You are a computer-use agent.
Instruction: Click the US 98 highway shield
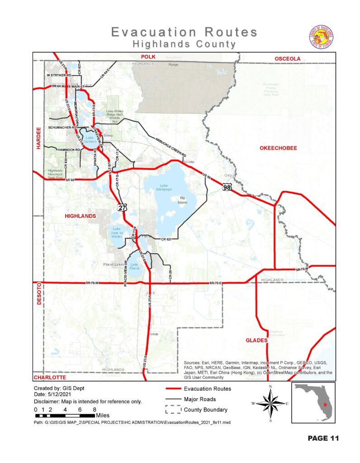pos(227,187)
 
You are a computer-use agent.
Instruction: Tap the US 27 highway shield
pos(123,208)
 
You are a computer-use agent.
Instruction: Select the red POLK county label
pos(147,57)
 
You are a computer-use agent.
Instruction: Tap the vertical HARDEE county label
pos(38,138)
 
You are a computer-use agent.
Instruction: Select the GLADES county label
pos(257,340)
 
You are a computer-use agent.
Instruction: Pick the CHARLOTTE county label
pos(50,377)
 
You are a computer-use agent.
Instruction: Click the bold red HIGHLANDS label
pos(81,216)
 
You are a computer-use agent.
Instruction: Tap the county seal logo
pos(322,37)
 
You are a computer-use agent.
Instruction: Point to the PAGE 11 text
pos(323,438)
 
